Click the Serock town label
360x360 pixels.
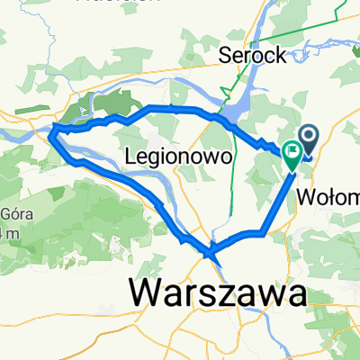coord(254,55)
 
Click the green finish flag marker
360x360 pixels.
coord(292,154)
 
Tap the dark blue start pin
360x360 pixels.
coord(309,139)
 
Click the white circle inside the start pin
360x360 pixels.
coord(309,136)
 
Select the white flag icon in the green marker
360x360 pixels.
coord(292,151)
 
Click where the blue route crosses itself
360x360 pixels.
coord(211,251)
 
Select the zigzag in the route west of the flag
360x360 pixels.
coord(266,145)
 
